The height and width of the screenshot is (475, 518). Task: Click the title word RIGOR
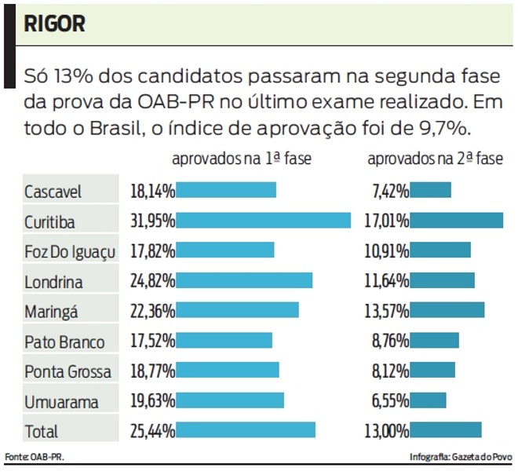54,24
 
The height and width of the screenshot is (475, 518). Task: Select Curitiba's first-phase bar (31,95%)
263,221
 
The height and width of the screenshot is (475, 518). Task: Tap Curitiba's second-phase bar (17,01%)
457,221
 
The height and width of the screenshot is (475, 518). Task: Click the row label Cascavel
53,192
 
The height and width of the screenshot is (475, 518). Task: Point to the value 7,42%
390,191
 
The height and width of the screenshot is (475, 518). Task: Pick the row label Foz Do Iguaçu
70,251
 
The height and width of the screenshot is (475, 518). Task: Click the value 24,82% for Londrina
152,281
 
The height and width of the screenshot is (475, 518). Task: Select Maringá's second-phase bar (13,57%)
447,310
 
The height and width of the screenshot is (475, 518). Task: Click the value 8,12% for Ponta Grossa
390,371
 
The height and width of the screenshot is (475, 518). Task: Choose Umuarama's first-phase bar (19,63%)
230,400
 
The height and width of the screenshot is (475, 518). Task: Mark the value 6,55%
390,400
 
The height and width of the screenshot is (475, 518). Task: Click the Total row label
41,431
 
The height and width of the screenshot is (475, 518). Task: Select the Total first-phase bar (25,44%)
246,429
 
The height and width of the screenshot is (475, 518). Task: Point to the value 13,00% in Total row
387,430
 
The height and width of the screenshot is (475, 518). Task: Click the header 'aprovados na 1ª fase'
241,159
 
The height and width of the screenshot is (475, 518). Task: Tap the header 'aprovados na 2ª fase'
435,159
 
